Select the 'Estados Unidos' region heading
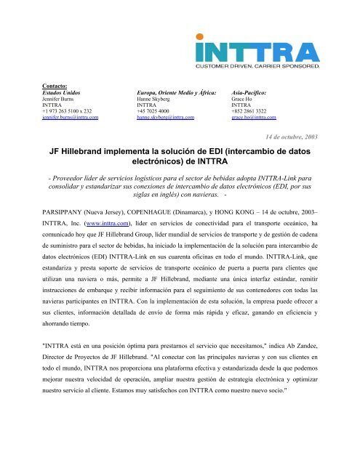coord(65,94)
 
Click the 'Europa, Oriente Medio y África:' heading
coord(177,94)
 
